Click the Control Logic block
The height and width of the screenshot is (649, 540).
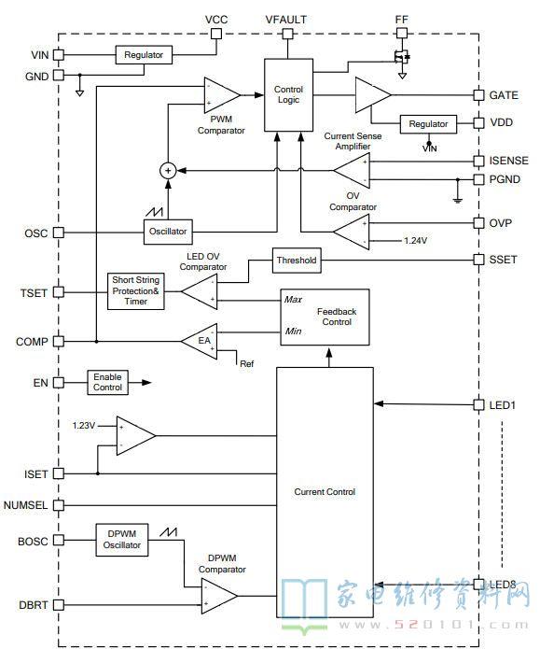tap(288, 95)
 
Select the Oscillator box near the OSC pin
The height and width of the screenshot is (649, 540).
tap(168, 232)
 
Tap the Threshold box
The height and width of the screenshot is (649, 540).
tap(297, 261)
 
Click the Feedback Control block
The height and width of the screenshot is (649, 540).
tap(325, 317)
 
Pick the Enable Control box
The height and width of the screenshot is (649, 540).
tap(107, 382)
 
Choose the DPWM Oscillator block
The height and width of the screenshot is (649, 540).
tap(122, 540)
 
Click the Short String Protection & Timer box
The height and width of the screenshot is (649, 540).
tap(135, 291)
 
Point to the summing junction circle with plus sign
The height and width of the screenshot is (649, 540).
tap(168, 171)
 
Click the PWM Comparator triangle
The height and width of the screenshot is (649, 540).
tap(222, 95)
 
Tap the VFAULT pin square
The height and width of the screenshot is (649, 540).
tap(287, 34)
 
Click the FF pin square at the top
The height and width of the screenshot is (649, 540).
tap(401, 33)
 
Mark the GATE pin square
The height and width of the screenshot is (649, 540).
tap(478, 95)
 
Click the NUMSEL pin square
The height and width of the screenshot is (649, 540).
tap(59, 505)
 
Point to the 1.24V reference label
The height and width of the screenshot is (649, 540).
tap(416, 241)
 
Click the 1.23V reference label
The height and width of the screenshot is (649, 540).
tap(84, 426)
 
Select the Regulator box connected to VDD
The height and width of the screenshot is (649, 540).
tap(428, 124)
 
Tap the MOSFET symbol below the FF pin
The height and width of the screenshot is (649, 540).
tap(401, 57)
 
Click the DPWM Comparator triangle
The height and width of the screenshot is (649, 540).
tap(219, 596)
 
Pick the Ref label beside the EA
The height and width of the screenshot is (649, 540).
tap(247, 364)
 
